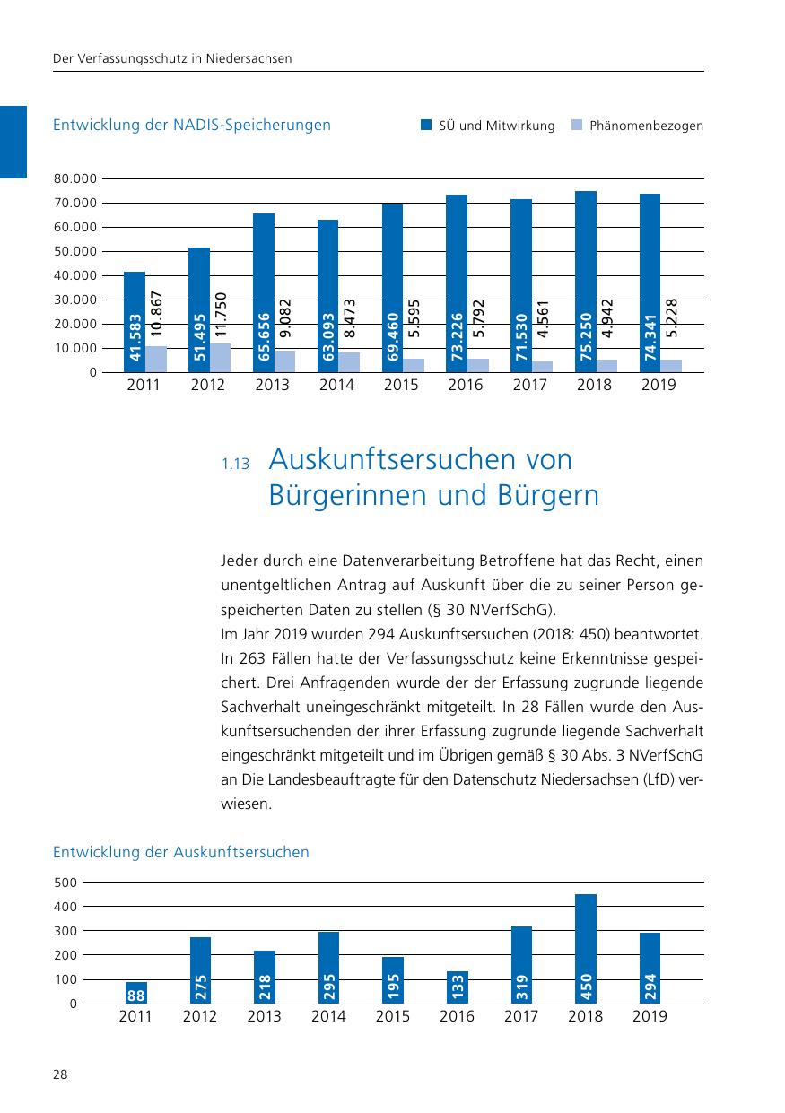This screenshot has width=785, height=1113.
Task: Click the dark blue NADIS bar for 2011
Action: point(135,321)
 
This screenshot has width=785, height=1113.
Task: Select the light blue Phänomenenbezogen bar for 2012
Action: point(220,358)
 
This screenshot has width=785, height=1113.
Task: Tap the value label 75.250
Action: point(586,338)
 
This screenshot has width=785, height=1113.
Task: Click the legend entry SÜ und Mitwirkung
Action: point(489,126)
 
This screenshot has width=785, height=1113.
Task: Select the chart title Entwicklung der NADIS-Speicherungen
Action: point(192,126)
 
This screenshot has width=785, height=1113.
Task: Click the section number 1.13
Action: point(234,465)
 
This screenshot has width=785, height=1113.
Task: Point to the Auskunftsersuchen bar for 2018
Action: point(586,948)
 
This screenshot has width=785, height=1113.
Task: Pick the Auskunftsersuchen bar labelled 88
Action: point(136,993)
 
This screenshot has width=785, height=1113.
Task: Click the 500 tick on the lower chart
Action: point(65,883)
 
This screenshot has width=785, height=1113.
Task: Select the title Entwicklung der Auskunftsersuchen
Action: point(180,852)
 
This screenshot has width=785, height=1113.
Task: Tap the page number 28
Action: point(60,1074)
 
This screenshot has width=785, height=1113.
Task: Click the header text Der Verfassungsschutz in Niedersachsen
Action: point(172,59)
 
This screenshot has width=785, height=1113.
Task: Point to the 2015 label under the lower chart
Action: point(393,1016)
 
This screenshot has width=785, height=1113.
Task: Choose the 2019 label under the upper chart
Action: point(659,386)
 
